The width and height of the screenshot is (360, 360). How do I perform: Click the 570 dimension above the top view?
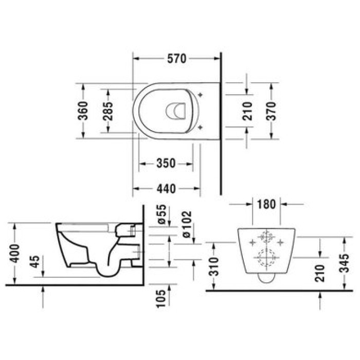pos(176,59)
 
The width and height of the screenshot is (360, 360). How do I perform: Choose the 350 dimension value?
pos(166,164)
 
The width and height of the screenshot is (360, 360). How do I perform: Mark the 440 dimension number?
pos(166,189)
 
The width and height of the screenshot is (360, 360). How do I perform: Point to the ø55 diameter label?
pos(161,214)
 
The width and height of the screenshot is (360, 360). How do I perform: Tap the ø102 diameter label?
pos(187,224)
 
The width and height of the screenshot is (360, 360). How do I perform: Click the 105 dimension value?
pos(161,297)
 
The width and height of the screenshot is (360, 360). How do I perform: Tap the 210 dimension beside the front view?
pos(320,273)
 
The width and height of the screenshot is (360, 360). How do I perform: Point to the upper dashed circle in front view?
pos(266,238)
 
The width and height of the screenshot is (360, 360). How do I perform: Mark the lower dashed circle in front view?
pos(266,257)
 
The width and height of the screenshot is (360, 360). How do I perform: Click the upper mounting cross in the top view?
pos(200,95)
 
